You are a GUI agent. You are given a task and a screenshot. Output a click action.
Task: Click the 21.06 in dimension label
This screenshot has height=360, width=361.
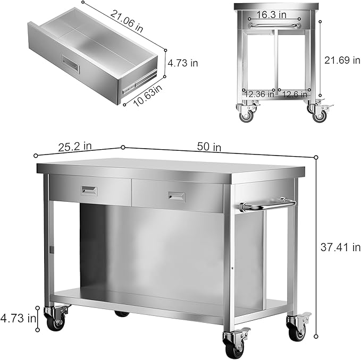click(x=127, y=21)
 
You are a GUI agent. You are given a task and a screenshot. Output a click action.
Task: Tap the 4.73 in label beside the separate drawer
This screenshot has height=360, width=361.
click(x=182, y=63)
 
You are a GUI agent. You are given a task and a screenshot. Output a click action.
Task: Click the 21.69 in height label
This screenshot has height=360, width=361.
click(x=342, y=60)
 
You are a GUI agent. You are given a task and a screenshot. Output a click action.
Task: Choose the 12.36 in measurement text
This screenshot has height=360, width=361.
click(x=259, y=95)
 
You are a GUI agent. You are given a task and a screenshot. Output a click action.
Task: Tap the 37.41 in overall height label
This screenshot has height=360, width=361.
click(x=340, y=247)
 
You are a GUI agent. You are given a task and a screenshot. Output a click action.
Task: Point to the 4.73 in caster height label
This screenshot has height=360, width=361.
click(x=18, y=319)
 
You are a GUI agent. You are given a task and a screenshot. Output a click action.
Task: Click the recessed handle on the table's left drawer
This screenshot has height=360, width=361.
click(x=89, y=190)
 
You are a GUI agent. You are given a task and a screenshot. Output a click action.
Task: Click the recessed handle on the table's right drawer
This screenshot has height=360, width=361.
click(x=177, y=196)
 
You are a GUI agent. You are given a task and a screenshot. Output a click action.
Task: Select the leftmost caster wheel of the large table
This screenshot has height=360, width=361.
click(x=55, y=321)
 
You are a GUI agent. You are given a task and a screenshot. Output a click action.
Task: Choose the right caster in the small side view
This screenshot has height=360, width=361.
click(x=319, y=114)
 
